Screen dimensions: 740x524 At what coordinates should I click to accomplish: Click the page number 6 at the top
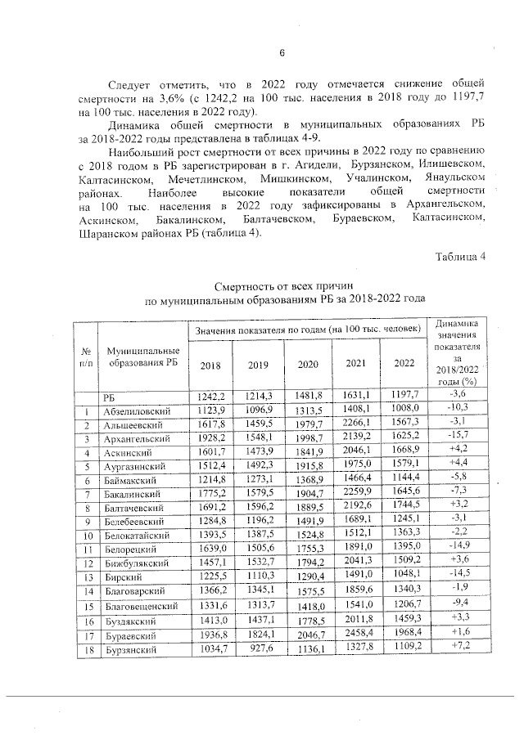281,54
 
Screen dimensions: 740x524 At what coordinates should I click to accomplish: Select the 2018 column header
210,365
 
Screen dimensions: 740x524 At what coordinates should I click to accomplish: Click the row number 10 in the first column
85,536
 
